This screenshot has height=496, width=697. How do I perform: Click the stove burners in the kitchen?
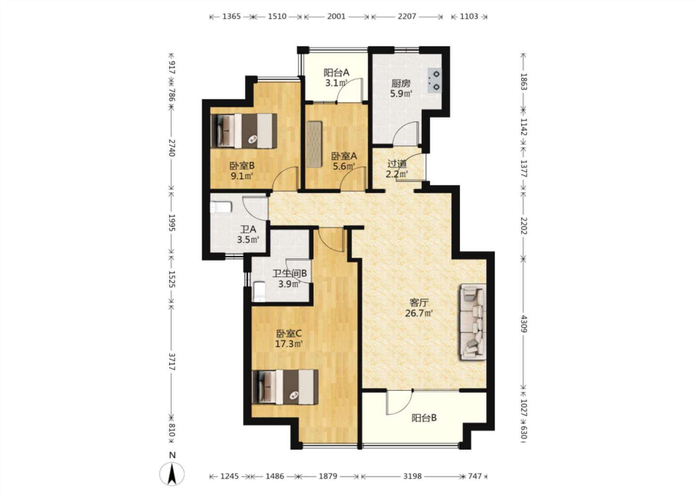435,80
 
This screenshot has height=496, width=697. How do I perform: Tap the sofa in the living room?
472,322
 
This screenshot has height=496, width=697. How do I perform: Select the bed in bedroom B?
244,131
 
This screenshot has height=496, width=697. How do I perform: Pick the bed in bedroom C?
285,387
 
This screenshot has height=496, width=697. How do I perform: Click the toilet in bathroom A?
221,207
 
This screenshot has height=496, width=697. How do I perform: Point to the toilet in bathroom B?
259,292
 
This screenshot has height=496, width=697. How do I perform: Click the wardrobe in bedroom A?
314,145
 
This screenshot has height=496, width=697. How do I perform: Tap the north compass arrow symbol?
172,474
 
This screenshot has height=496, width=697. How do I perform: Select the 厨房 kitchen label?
401,83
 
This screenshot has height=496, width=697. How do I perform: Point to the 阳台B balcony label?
424,418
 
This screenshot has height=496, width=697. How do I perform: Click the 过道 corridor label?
397,164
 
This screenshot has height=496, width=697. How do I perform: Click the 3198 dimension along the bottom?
412,476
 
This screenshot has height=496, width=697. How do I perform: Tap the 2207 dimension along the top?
407,16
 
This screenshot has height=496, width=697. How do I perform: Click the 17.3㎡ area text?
289,344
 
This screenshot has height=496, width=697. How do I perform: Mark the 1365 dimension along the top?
231,16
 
